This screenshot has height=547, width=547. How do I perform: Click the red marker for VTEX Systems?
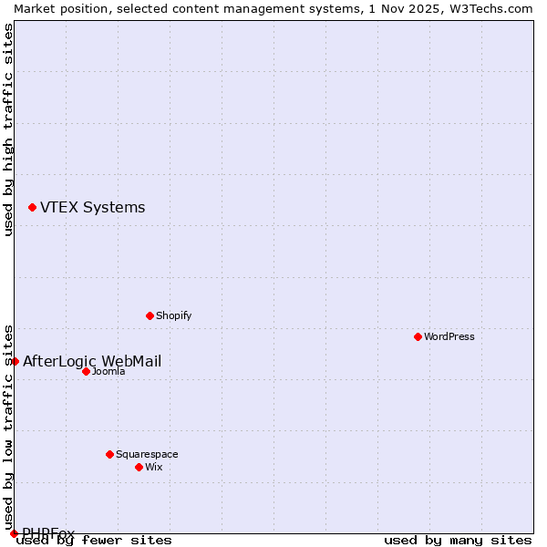pyautogui.click(x=32, y=208)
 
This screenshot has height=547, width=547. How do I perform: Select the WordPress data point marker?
pyautogui.click(x=418, y=337)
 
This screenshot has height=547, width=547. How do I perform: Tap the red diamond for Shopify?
pyautogui.click(x=150, y=316)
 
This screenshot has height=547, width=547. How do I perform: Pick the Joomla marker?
pyautogui.click(x=86, y=371)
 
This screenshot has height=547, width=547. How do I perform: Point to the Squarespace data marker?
pyautogui.click(x=109, y=454)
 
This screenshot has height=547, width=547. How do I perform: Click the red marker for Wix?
pyautogui.click(x=139, y=467)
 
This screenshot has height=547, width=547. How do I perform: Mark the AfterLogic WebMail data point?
pyautogui.click(x=15, y=362)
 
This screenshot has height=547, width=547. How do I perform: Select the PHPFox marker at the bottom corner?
pyautogui.click(x=14, y=533)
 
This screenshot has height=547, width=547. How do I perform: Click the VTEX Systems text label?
pyautogui.click(x=92, y=208)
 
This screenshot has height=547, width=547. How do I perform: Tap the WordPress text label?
pyautogui.click(x=449, y=337)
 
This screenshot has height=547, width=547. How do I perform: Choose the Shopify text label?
pyautogui.click(x=173, y=316)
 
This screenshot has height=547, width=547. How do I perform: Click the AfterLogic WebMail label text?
pyautogui.click(x=92, y=362)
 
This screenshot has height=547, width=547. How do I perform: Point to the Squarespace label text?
pyautogui.click(x=147, y=454)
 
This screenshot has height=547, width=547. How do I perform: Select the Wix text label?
pyautogui.click(x=154, y=467)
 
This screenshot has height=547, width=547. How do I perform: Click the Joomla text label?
pyautogui.click(x=108, y=371)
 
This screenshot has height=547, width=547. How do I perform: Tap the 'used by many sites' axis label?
pyautogui.click(x=458, y=541)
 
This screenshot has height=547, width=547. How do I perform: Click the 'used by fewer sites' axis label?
pyautogui.click(x=95, y=541)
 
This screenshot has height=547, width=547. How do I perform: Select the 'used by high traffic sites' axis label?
pyautogui.click(x=8, y=129)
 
